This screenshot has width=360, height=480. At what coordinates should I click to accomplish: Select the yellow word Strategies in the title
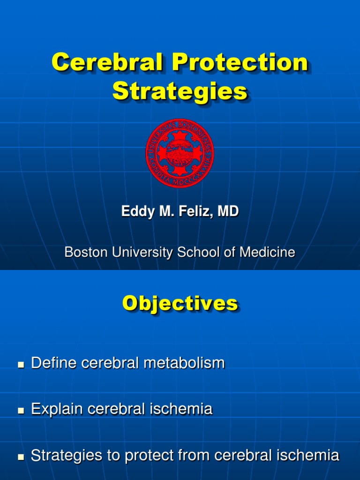tap(180, 91)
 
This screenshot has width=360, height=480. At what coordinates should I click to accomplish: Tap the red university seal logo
tap(180, 153)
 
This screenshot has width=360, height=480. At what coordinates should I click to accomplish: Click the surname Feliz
tap(197, 211)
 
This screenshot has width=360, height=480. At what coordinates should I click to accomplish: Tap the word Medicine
tap(268, 252)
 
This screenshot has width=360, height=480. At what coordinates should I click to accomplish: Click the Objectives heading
tap(180, 304)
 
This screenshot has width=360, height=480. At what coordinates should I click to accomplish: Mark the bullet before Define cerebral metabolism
tap(20, 364)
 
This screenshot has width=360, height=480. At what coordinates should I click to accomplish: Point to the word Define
tap(52, 363)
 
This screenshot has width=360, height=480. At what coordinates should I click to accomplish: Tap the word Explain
tap(55, 409)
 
